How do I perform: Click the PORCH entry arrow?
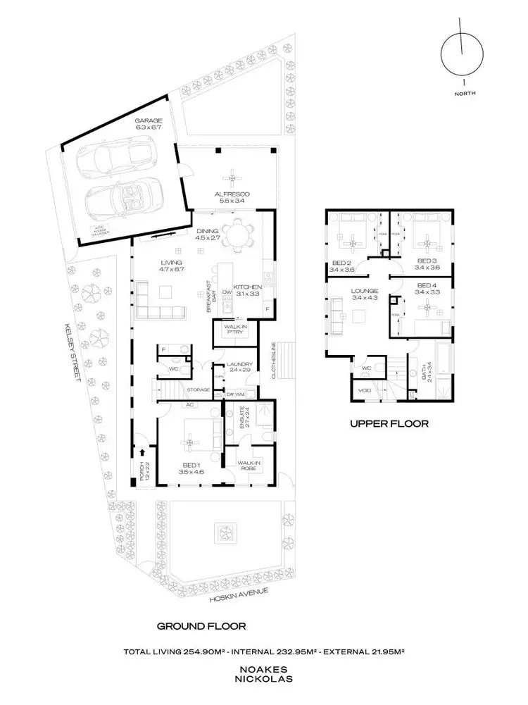pyautogui.click(x=144, y=453)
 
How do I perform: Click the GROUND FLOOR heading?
pyautogui.click(x=201, y=626)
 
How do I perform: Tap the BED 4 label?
pyautogui.click(x=425, y=287)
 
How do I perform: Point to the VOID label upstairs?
pyautogui.click(x=364, y=389)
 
